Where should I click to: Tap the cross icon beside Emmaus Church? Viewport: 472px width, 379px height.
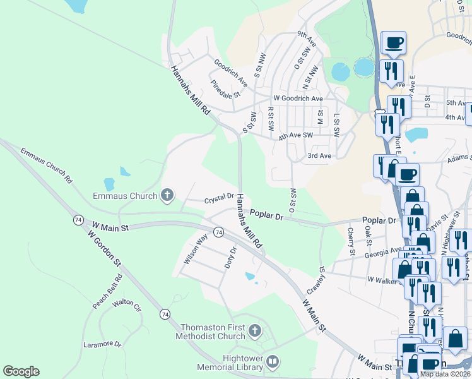click(167, 195)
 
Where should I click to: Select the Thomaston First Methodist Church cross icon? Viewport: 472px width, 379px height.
click(254, 331)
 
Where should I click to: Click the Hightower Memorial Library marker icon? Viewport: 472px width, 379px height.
click(273, 362)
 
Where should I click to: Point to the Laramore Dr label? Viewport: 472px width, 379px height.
click(102, 344)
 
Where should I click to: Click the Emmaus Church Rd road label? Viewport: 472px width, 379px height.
click(46, 165)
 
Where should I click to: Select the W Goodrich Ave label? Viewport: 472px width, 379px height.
click(298, 99)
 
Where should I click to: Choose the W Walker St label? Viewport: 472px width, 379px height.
click(384, 279)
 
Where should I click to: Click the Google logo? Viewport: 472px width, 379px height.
click(21, 371)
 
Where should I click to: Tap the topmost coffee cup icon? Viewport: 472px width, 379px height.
click(394, 43)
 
